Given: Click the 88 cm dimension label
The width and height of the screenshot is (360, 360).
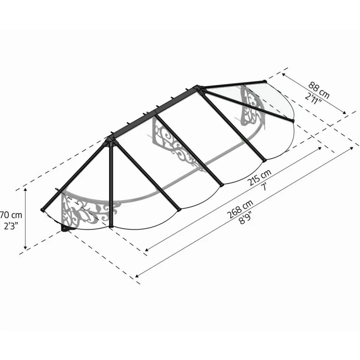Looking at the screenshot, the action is (318, 90).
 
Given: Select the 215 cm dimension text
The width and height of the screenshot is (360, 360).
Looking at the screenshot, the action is (259, 177).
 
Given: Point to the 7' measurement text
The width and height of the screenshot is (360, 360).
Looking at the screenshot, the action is (265, 187).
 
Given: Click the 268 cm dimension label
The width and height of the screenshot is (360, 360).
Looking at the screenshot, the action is (240, 209).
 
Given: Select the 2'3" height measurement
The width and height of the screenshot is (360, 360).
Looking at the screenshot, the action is (11, 227).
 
